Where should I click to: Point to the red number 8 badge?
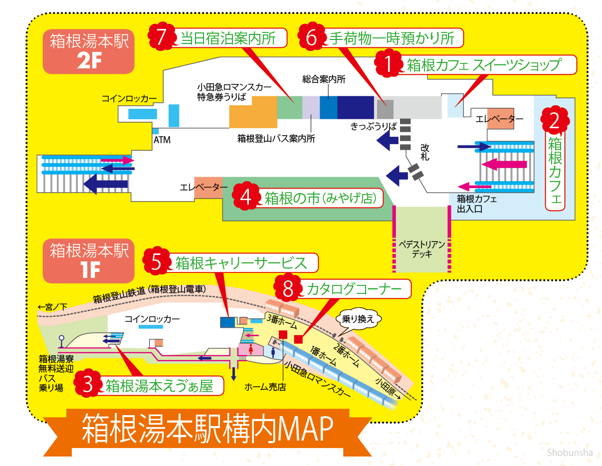(287, 288)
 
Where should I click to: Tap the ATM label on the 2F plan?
(162, 140)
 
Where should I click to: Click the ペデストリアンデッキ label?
(421, 249)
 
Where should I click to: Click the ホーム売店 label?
(265, 387)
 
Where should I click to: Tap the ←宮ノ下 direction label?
(52, 307)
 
